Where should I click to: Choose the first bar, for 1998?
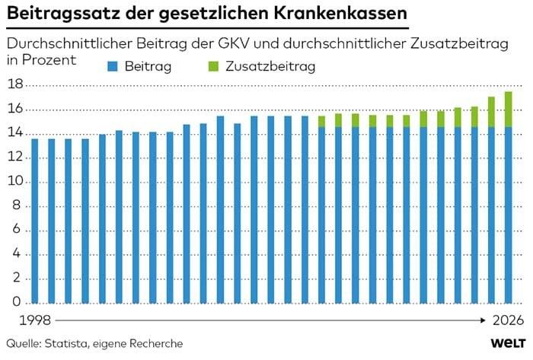tap(35, 221)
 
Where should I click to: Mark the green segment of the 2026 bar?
tap(508, 109)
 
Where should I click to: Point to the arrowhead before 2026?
tap(484, 320)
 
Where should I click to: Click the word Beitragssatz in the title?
tap(60, 14)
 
